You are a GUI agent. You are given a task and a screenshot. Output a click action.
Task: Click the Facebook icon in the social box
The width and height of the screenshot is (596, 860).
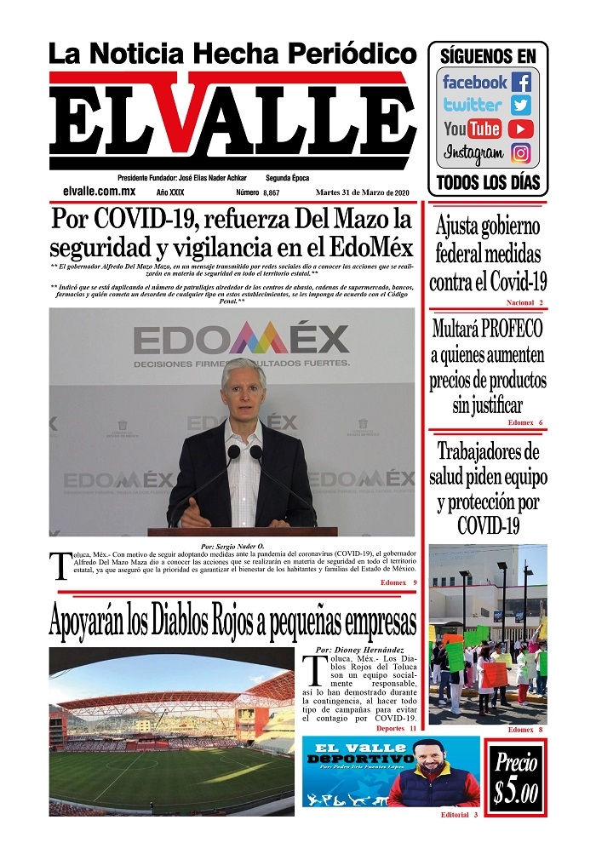coord(521,83)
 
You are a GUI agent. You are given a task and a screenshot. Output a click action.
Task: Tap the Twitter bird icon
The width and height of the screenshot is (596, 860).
coord(521,106)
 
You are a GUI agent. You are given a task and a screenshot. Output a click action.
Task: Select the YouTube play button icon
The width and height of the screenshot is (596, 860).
coord(521,129)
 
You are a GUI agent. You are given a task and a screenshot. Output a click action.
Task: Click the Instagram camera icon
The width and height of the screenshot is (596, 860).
coord(521,153)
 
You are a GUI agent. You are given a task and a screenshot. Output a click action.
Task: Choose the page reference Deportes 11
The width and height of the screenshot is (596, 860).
coord(396,729)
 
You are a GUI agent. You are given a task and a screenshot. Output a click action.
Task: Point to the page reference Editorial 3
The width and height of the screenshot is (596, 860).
coord(459,815)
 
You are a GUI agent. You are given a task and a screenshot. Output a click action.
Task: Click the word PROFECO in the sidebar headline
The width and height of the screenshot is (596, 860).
coord(509,330)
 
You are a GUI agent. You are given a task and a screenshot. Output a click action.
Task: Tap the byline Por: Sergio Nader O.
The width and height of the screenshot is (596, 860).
coord(232,545)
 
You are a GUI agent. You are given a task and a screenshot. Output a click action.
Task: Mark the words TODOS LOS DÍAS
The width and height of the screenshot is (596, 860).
coord(487,181)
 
